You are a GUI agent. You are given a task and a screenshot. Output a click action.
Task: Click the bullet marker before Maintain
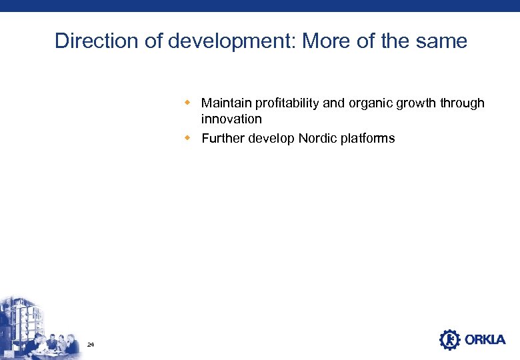point(188,103)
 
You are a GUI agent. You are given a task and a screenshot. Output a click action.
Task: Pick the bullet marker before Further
point(188,138)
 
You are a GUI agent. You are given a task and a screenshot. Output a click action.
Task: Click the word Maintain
point(227,103)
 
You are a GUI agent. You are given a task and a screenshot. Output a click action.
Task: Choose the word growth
point(417,103)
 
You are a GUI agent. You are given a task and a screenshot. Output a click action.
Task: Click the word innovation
point(231,119)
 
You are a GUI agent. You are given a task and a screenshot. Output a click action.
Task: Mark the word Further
point(223,139)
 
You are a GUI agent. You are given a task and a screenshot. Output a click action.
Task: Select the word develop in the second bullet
point(272,139)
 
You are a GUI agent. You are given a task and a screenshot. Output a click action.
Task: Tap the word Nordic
point(319,139)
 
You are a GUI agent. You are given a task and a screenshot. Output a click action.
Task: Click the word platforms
point(369,139)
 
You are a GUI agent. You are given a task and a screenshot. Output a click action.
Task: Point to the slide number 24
point(91,345)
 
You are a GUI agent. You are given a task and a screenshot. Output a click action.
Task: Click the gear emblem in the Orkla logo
point(450,340)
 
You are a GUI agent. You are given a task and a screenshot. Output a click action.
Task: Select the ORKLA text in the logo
point(485,340)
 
